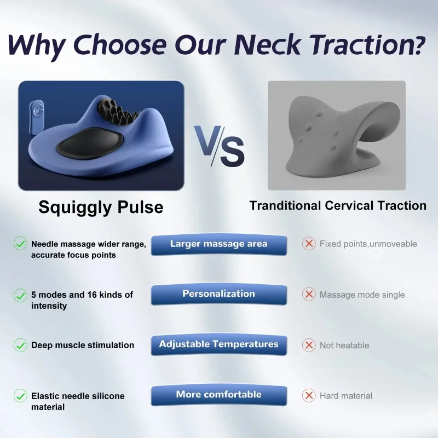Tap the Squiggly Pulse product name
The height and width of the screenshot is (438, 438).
(101, 207)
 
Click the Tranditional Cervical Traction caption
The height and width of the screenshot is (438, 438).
(338, 206)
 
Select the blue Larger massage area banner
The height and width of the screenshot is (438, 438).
(218, 244)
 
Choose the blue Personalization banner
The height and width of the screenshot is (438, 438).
(218, 294)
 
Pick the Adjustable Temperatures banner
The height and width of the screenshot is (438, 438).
(218, 345)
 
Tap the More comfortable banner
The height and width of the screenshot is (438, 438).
(218, 395)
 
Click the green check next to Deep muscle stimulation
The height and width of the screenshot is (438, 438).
(20, 345)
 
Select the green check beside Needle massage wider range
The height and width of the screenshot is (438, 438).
(20, 244)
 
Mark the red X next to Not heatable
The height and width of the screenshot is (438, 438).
(309, 345)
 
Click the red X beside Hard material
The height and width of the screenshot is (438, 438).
(309, 395)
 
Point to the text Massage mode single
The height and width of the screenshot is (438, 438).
(362, 295)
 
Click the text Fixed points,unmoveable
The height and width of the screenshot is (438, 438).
(368, 244)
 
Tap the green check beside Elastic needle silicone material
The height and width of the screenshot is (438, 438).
(20, 395)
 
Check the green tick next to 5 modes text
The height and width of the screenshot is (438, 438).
(20, 295)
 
